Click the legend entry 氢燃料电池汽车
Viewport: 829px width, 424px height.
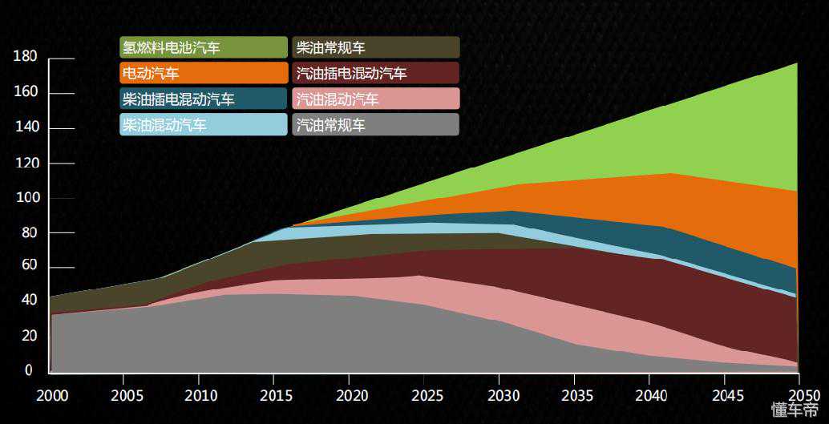pos(203,47)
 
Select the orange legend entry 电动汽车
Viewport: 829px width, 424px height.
pos(203,73)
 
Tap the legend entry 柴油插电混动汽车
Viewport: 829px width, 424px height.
pos(203,99)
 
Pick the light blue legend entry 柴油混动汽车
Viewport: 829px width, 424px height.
pos(203,124)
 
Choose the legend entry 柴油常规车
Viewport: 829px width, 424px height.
pos(375,47)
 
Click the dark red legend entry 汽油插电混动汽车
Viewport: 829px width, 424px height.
pos(375,73)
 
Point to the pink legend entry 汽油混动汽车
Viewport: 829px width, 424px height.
pos(375,99)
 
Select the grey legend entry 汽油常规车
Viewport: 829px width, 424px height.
pos(375,124)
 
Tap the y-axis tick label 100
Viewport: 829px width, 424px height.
pos(26,198)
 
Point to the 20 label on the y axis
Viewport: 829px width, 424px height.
pos(28,336)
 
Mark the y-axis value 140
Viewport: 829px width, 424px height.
pos(26,128)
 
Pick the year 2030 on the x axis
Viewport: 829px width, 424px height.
pos(499,395)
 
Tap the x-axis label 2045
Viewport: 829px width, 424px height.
pos(723,395)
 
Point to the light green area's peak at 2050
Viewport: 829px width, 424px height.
pos(796,64)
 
